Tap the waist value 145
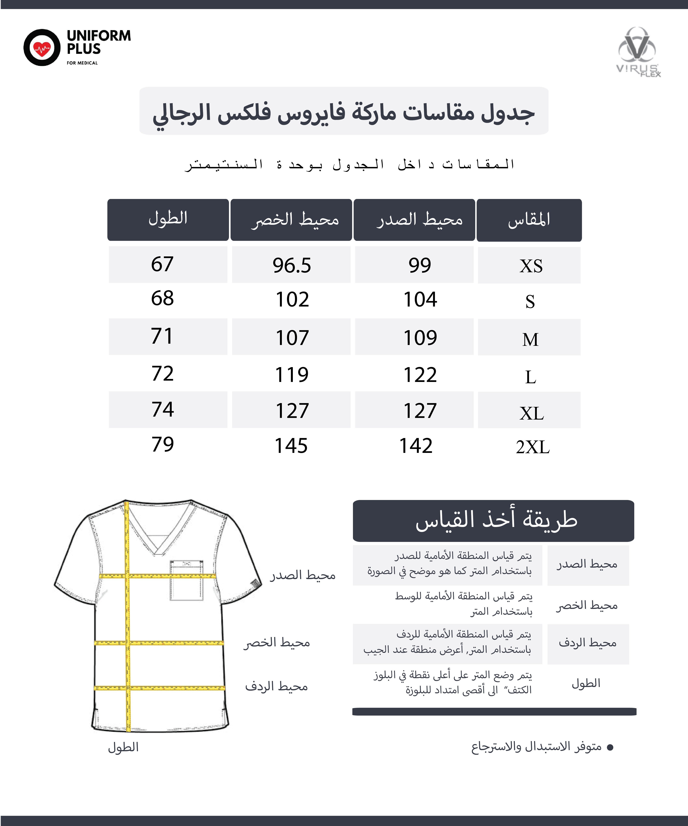coord(291,446)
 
